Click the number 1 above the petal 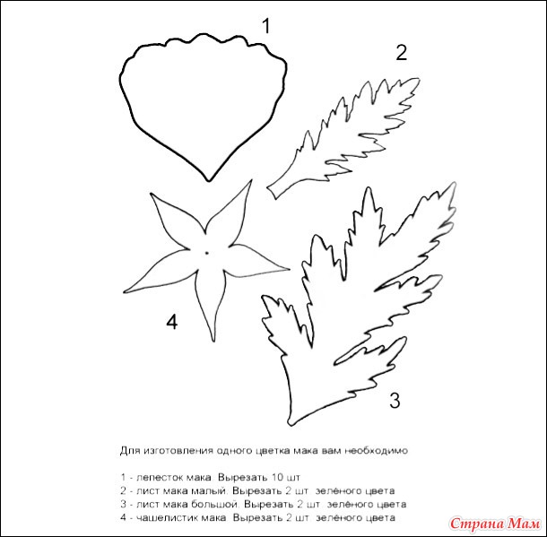tap(266, 26)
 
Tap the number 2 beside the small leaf tap(401, 53)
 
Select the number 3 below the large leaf tap(395, 400)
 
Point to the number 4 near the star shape tap(171, 322)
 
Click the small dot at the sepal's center tap(206, 253)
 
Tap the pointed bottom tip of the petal tap(209, 180)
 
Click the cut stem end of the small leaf tap(272, 193)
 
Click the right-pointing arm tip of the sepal tap(288, 269)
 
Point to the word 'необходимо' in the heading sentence tap(376, 451)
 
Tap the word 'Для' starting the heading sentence tap(130, 451)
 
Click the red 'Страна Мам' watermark tap(495, 524)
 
